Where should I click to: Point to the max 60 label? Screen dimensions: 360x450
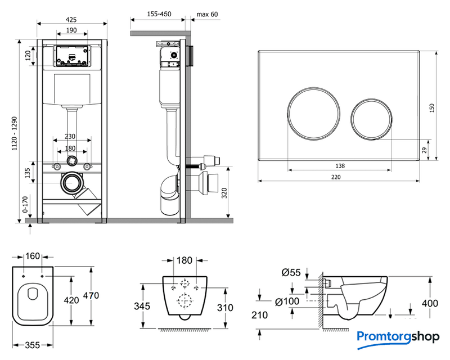point(207,14)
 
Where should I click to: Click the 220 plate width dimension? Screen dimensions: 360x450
point(336,175)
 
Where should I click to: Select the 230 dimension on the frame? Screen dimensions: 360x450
point(70,136)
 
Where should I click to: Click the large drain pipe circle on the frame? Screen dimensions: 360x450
point(71,183)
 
